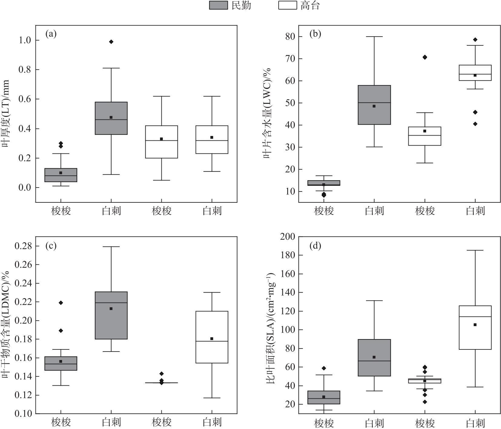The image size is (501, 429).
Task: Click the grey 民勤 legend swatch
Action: (218, 5)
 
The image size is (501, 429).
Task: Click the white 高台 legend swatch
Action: (287, 5)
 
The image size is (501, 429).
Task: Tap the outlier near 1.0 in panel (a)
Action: (111, 42)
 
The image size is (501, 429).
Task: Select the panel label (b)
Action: (315, 34)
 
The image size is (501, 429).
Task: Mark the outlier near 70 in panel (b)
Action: (425, 57)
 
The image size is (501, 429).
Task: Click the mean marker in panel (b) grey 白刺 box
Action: (374, 106)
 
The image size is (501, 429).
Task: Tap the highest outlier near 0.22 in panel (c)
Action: (61, 303)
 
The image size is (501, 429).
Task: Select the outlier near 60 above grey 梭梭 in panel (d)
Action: (324, 368)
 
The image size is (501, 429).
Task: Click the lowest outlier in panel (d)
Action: (425, 402)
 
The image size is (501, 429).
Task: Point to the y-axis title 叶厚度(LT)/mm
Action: (6, 114)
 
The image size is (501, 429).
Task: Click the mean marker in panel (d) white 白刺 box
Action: (475, 325)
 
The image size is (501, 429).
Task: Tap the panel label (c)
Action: (51, 246)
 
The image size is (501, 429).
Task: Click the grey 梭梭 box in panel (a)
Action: (61, 175)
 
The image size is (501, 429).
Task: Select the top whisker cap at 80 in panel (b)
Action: (374, 37)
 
